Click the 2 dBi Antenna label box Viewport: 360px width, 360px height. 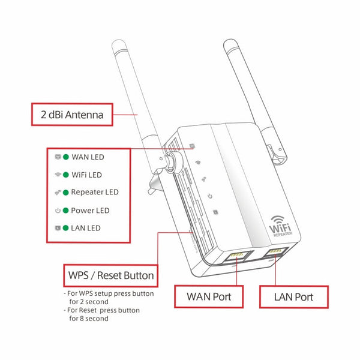pyautogui.click(x=73, y=115)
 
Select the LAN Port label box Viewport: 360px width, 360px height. pyautogui.click(x=293, y=296)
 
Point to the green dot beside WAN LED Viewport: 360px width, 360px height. pyautogui.click(x=66, y=157)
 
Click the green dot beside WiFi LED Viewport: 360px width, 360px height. pyautogui.click(x=66, y=175)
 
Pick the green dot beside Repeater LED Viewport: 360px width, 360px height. pyautogui.click(x=66, y=193)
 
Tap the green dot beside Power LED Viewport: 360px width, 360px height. pyautogui.click(x=66, y=211)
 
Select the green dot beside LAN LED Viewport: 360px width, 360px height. pyautogui.click(x=66, y=228)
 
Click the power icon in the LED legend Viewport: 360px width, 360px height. pyautogui.click(x=58, y=211)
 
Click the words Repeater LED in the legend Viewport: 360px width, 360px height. pyautogui.click(x=94, y=193)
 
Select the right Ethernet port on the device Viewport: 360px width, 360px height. pyautogui.click(x=277, y=251)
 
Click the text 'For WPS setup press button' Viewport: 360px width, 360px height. pyautogui.click(x=110, y=294)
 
